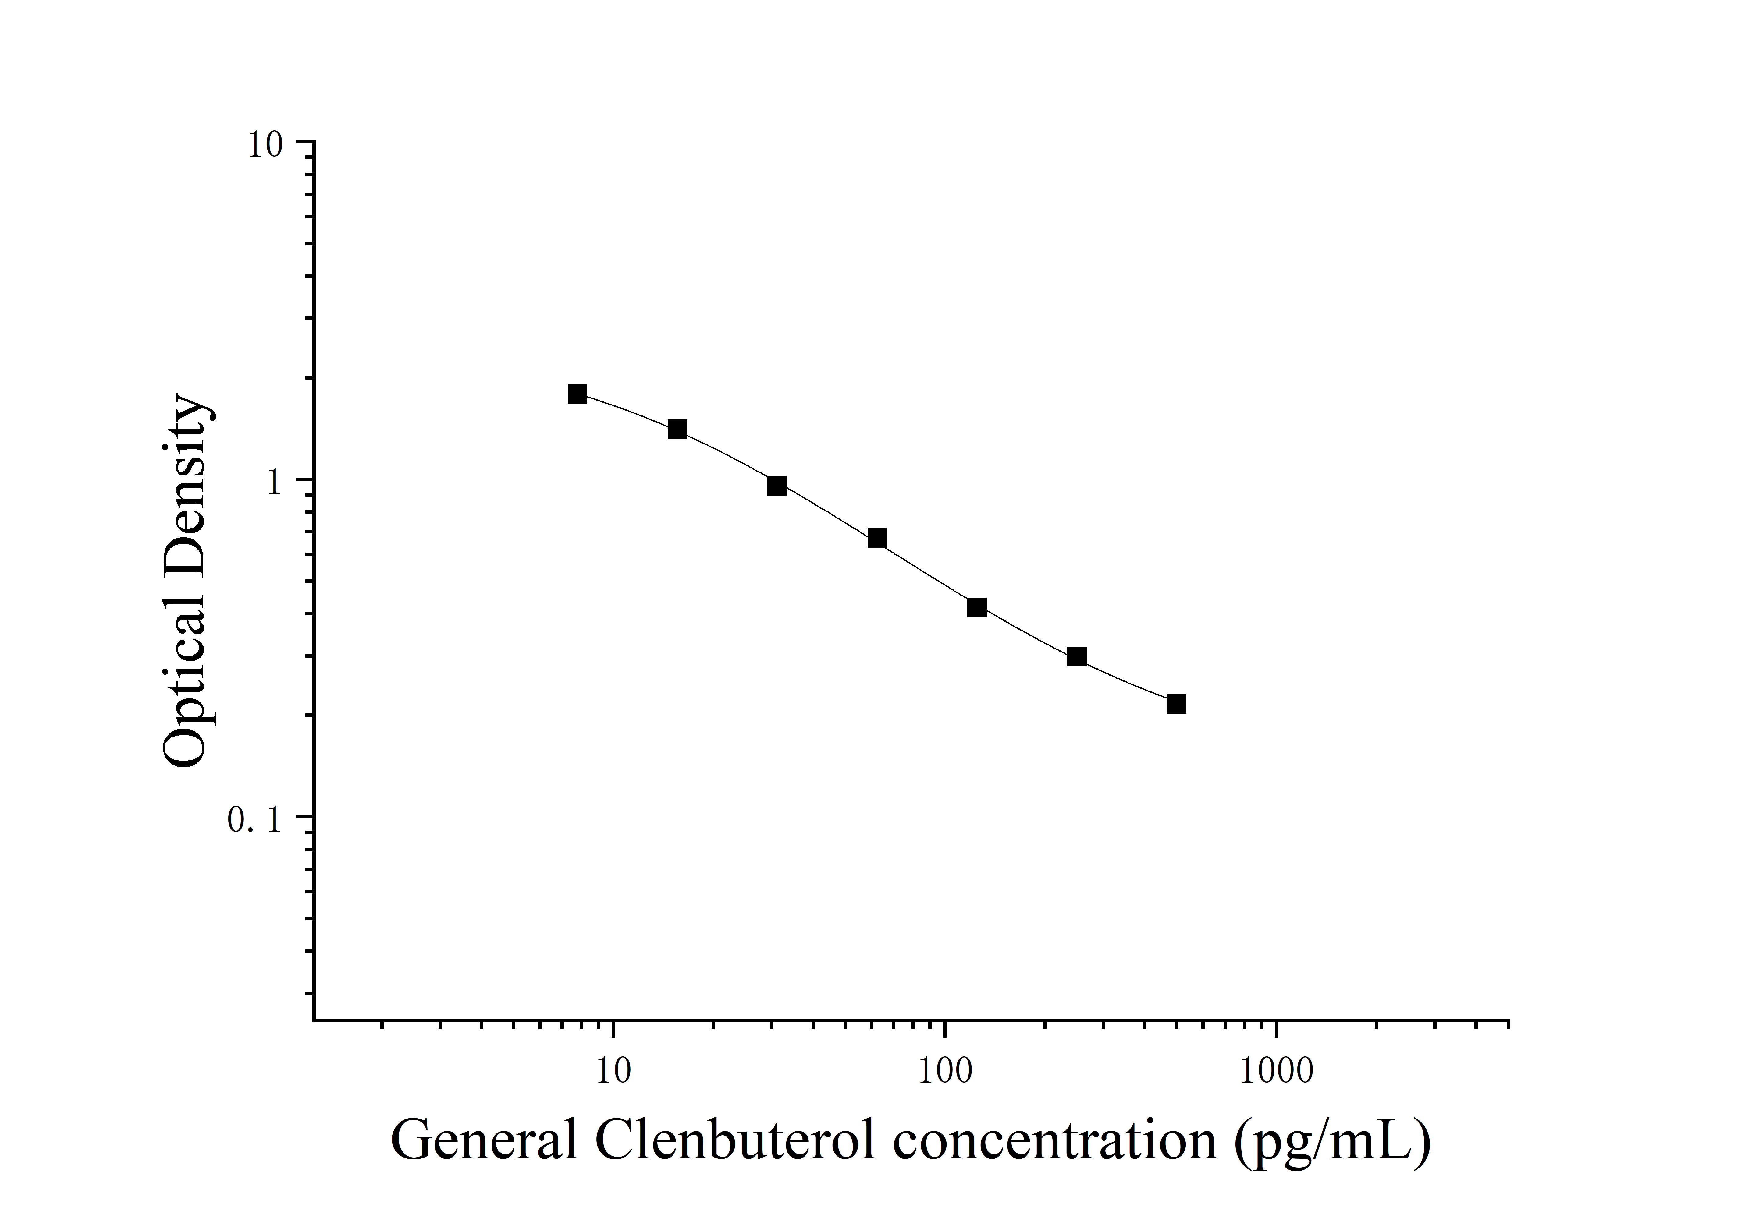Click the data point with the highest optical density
point(577,394)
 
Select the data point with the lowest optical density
point(1177,703)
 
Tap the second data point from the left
point(677,429)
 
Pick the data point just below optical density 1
point(777,486)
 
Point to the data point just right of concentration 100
point(977,607)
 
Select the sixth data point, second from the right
point(1077,657)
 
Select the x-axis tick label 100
point(945,1071)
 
